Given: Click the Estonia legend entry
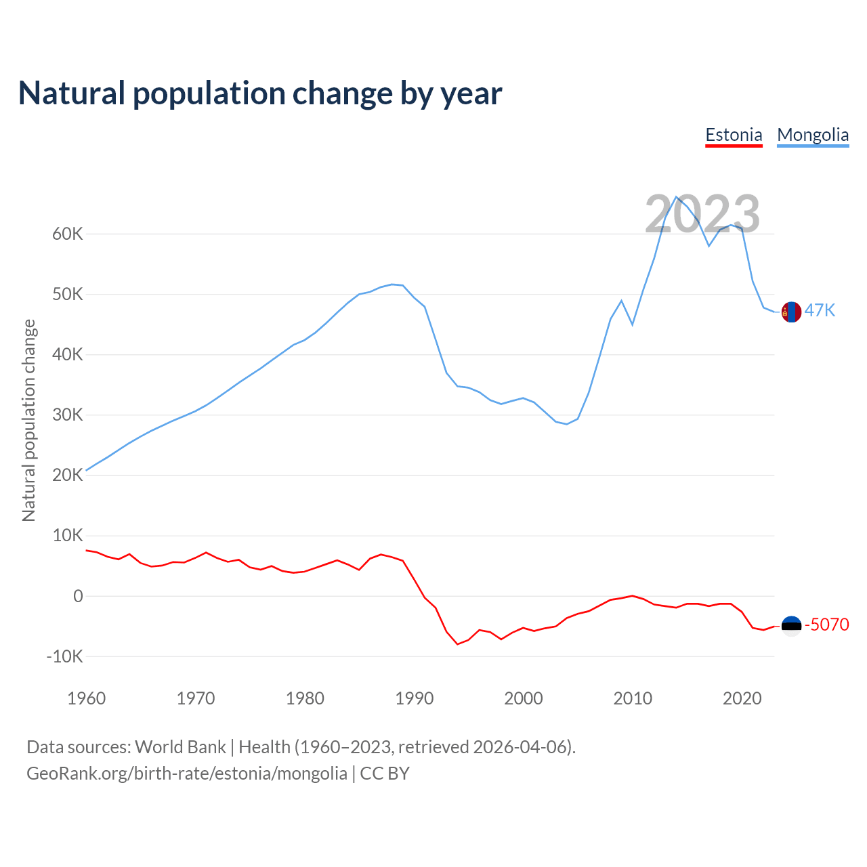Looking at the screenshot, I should tap(734, 135).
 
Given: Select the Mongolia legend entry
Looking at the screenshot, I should tap(813, 135).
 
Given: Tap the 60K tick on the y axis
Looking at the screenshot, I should tap(68, 234).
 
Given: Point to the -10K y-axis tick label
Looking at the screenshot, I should tap(65, 656).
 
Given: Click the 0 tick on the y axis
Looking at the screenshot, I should tap(78, 596).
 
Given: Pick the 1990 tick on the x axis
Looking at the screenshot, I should tap(414, 698).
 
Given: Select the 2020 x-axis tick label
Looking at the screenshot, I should tap(742, 698).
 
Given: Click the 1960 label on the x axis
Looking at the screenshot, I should tap(87, 698).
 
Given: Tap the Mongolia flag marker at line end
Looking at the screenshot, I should tap(791, 312).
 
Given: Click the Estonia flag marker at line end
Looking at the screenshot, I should tap(791, 625).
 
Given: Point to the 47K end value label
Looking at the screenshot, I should tap(820, 310).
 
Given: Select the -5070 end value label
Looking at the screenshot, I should tap(827, 625).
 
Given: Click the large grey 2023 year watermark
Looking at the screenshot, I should tap(702, 214).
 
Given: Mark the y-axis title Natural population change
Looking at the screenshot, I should tap(29, 421).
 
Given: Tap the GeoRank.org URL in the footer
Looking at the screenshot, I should tap(186, 774).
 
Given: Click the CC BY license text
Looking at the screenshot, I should tap(385, 774).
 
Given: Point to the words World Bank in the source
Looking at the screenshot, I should tap(180, 747).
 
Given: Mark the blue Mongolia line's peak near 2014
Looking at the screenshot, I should tap(677, 197).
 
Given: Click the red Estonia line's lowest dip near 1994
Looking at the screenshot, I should tap(458, 643).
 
